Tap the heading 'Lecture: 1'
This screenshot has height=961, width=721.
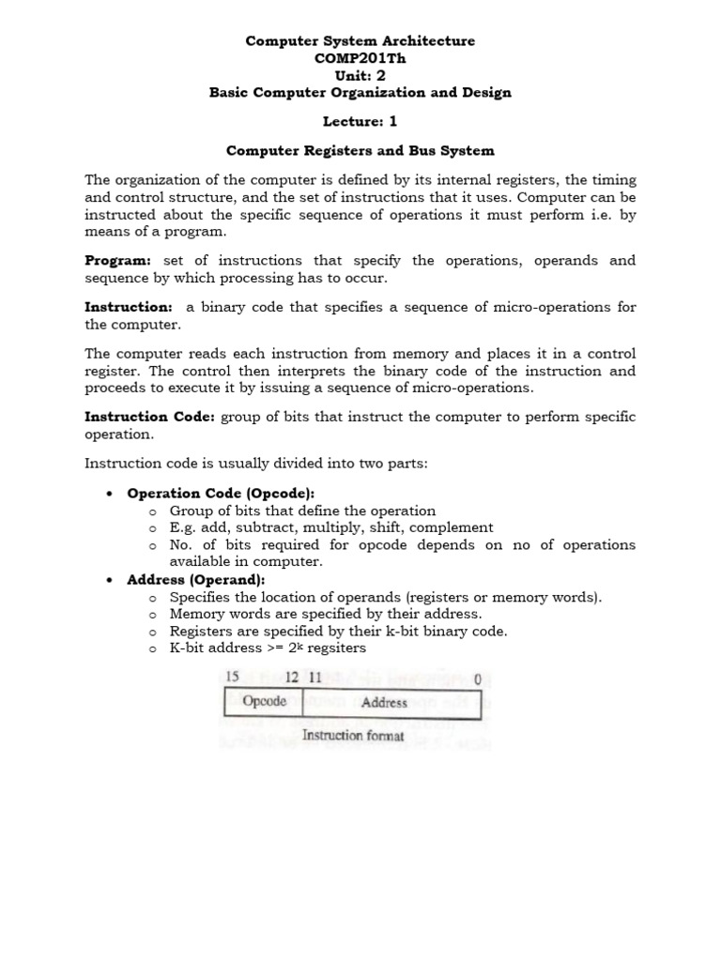tap(360, 121)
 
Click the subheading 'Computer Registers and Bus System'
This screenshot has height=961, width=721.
tap(360, 150)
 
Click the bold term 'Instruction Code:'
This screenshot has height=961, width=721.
tap(150, 416)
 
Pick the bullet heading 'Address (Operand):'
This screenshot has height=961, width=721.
tap(195, 580)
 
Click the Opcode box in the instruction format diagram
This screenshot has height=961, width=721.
tap(264, 701)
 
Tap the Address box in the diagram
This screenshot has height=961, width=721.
tap(383, 702)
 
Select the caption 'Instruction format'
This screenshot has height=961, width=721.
tap(352, 736)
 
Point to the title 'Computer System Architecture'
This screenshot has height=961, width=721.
tap(360, 41)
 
